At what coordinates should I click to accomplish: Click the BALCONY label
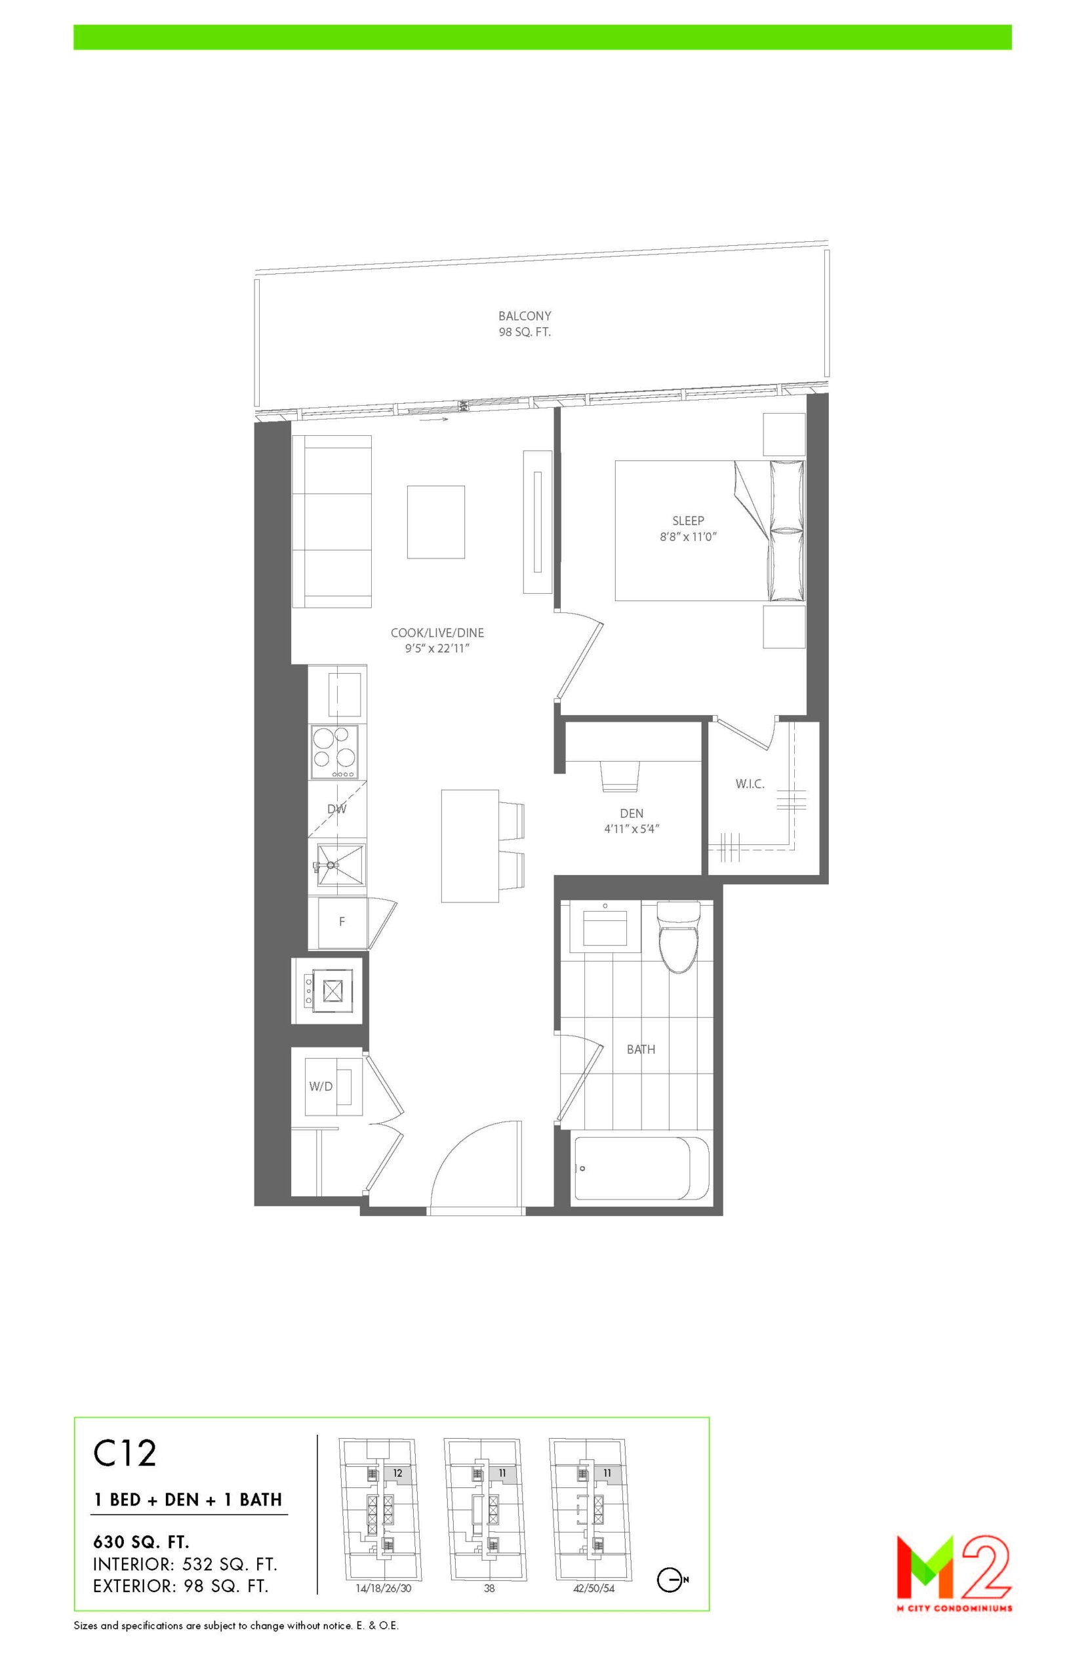[525, 317]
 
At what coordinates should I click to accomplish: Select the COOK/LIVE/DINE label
[437, 633]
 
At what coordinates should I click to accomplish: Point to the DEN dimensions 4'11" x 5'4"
[631, 829]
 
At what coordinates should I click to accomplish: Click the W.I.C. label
[750, 784]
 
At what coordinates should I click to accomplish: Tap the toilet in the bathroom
[677, 937]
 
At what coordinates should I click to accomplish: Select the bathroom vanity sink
[605, 926]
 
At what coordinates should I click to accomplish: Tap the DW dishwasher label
[337, 809]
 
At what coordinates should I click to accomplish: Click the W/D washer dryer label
[320, 1086]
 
